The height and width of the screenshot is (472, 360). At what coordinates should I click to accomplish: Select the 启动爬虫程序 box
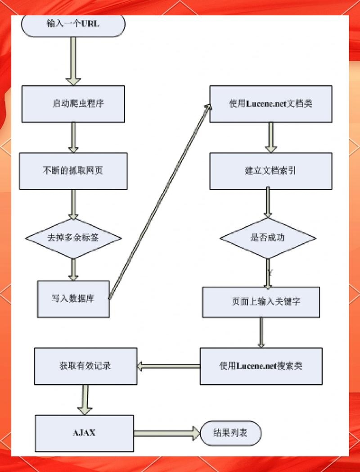[73, 104]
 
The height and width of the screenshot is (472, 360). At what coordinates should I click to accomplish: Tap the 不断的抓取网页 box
[73, 171]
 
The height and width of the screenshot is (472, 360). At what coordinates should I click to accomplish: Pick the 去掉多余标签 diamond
[73, 238]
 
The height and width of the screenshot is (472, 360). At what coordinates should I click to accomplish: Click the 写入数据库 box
[73, 299]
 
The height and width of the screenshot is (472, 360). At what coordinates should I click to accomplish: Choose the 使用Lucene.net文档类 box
[271, 104]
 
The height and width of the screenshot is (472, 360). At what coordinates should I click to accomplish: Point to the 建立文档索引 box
[271, 171]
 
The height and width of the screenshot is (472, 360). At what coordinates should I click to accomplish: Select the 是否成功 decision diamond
[268, 238]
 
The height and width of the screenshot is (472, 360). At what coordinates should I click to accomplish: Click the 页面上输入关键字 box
[261, 302]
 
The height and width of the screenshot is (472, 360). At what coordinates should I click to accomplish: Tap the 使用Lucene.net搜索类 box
[261, 366]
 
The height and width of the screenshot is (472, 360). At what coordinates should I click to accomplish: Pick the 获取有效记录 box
[85, 366]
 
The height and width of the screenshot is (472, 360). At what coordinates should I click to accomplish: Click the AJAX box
[84, 433]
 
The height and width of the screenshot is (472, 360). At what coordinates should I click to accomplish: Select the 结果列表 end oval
[230, 433]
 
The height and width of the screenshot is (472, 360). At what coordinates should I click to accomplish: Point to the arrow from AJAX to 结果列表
[166, 433]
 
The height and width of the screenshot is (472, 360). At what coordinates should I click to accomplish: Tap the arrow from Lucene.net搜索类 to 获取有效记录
[168, 367]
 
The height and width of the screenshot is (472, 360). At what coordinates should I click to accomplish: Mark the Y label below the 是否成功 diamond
[270, 273]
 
